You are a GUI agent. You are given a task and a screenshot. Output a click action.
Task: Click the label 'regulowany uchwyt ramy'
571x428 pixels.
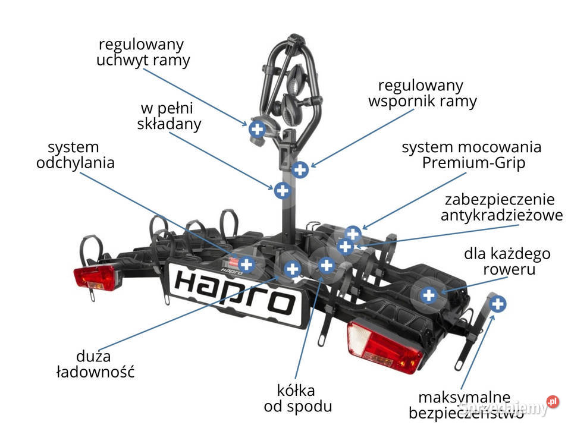coord(143,52)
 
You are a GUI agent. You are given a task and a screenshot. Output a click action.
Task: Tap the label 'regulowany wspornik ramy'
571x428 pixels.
coord(422,93)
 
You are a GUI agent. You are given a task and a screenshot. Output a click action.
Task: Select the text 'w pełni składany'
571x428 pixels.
coord(169,116)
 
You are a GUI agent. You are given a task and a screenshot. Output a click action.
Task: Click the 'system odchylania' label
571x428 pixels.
coord(76,155)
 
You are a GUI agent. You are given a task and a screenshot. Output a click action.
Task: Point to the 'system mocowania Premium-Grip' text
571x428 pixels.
coord(472,155)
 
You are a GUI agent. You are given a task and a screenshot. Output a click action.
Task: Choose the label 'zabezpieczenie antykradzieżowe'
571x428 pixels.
coord(502,207)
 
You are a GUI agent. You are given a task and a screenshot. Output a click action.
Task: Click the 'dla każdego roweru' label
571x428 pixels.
coord(507,262)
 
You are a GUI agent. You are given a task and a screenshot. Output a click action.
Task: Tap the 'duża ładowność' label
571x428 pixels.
coord(95,364)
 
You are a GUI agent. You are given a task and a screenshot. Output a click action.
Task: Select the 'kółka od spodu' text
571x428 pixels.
coord(298,398)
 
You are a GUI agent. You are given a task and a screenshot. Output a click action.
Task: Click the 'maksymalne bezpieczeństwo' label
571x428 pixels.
coord(466,405)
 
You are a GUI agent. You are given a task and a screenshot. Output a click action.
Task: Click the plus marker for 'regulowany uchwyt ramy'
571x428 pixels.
coord(258,129)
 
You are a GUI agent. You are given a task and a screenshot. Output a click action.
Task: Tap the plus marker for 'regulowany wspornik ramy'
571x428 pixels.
coord(300,169)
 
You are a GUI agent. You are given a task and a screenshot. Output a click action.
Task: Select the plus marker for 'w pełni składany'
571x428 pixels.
coord(283,191)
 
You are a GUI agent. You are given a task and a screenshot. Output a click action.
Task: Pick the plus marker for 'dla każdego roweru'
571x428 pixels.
coord(429,295)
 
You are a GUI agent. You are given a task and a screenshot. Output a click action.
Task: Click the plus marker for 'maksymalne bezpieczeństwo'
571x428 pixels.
coord(497,304)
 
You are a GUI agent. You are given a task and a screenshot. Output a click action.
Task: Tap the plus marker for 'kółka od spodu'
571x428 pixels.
coord(327,265)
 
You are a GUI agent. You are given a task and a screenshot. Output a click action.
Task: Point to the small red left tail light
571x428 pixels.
coord(95,278)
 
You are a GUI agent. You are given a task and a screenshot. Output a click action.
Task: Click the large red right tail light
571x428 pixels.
coord(384,348)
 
